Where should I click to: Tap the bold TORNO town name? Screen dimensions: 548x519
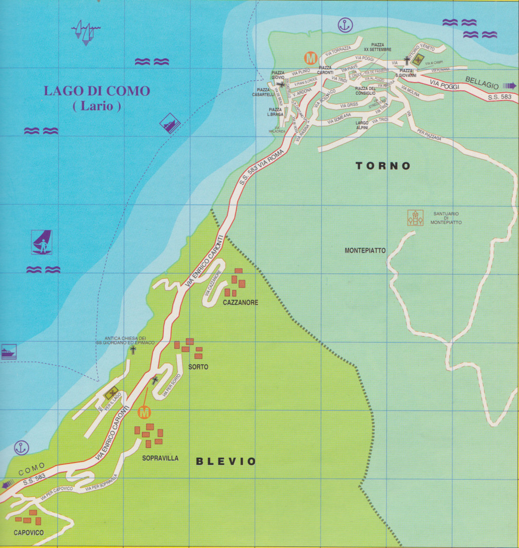tap(383, 166)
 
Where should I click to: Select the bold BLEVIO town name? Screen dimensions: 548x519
tap(226, 461)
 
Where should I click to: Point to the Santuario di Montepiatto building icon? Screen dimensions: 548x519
tap(415, 217)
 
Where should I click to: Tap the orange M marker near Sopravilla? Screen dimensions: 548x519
tap(144, 413)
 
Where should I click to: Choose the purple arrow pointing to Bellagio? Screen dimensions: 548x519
tap(509, 86)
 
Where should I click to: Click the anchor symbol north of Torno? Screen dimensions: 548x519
tap(345, 24)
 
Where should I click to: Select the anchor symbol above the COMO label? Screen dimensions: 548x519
tap(21, 448)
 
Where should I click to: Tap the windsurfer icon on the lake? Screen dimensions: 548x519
tap(42, 242)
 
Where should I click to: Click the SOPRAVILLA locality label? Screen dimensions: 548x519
tap(160, 458)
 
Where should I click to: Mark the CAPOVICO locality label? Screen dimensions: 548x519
tap(28, 533)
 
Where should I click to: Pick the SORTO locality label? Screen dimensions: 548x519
tap(198, 367)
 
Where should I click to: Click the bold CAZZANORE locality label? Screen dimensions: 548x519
tap(240, 303)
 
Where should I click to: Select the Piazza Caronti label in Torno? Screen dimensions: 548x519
tap(325, 70)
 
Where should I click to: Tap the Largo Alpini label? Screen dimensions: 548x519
tap(362, 125)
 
